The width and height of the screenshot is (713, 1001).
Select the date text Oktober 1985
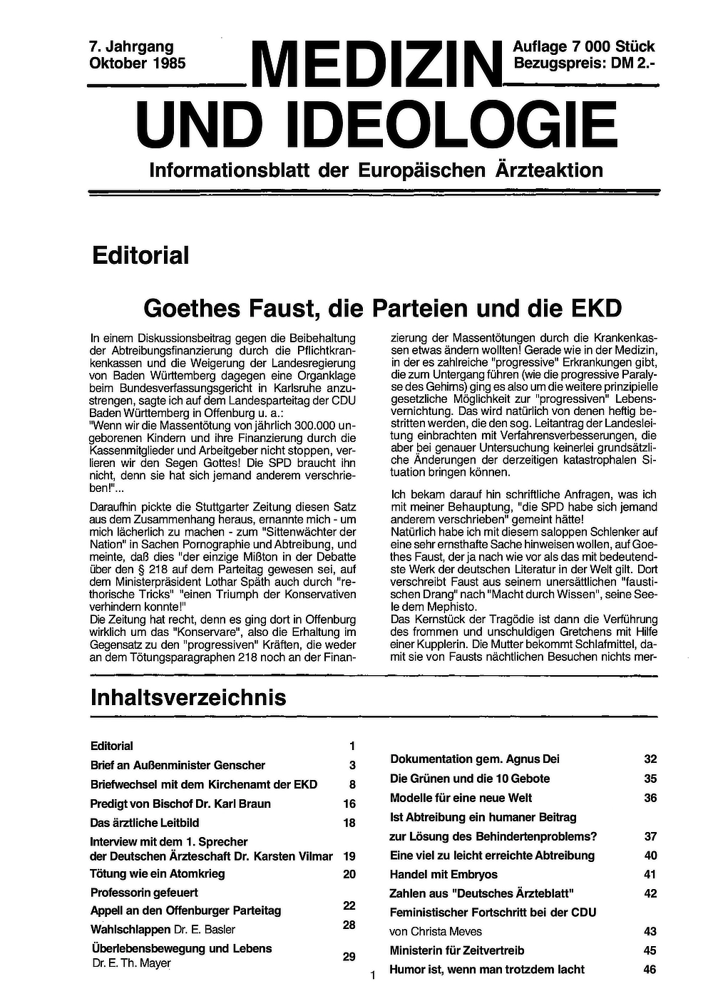pyautogui.click(x=138, y=63)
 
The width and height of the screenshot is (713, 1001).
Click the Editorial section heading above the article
pyautogui.click(x=140, y=255)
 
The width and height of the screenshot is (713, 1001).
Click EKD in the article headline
pyautogui.click(x=596, y=308)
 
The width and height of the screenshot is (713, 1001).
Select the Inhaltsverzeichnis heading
pyautogui.click(x=188, y=697)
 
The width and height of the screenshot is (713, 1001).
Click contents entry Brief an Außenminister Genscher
pyautogui.click(x=178, y=765)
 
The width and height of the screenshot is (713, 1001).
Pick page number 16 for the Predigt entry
pyautogui.click(x=349, y=804)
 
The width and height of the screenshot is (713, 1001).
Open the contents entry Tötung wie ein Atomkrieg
pyautogui.click(x=157, y=873)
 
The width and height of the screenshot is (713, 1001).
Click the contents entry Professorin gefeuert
pyautogui.click(x=144, y=892)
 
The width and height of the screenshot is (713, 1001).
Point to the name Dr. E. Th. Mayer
pyautogui.click(x=132, y=963)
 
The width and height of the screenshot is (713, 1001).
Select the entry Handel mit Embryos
pyautogui.click(x=443, y=874)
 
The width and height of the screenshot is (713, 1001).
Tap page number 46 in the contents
pyautogui.click(x=650, y=970)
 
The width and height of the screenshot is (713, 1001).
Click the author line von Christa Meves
pyautogui.click(x=436, y=931)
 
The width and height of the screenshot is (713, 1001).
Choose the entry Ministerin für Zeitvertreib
pyautogui.click(x=457, y=950)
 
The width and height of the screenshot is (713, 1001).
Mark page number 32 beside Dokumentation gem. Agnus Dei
pyautogui.click(x=650, y=759)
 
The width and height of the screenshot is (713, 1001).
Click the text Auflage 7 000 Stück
pyautogui.click(x=583, y=47)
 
